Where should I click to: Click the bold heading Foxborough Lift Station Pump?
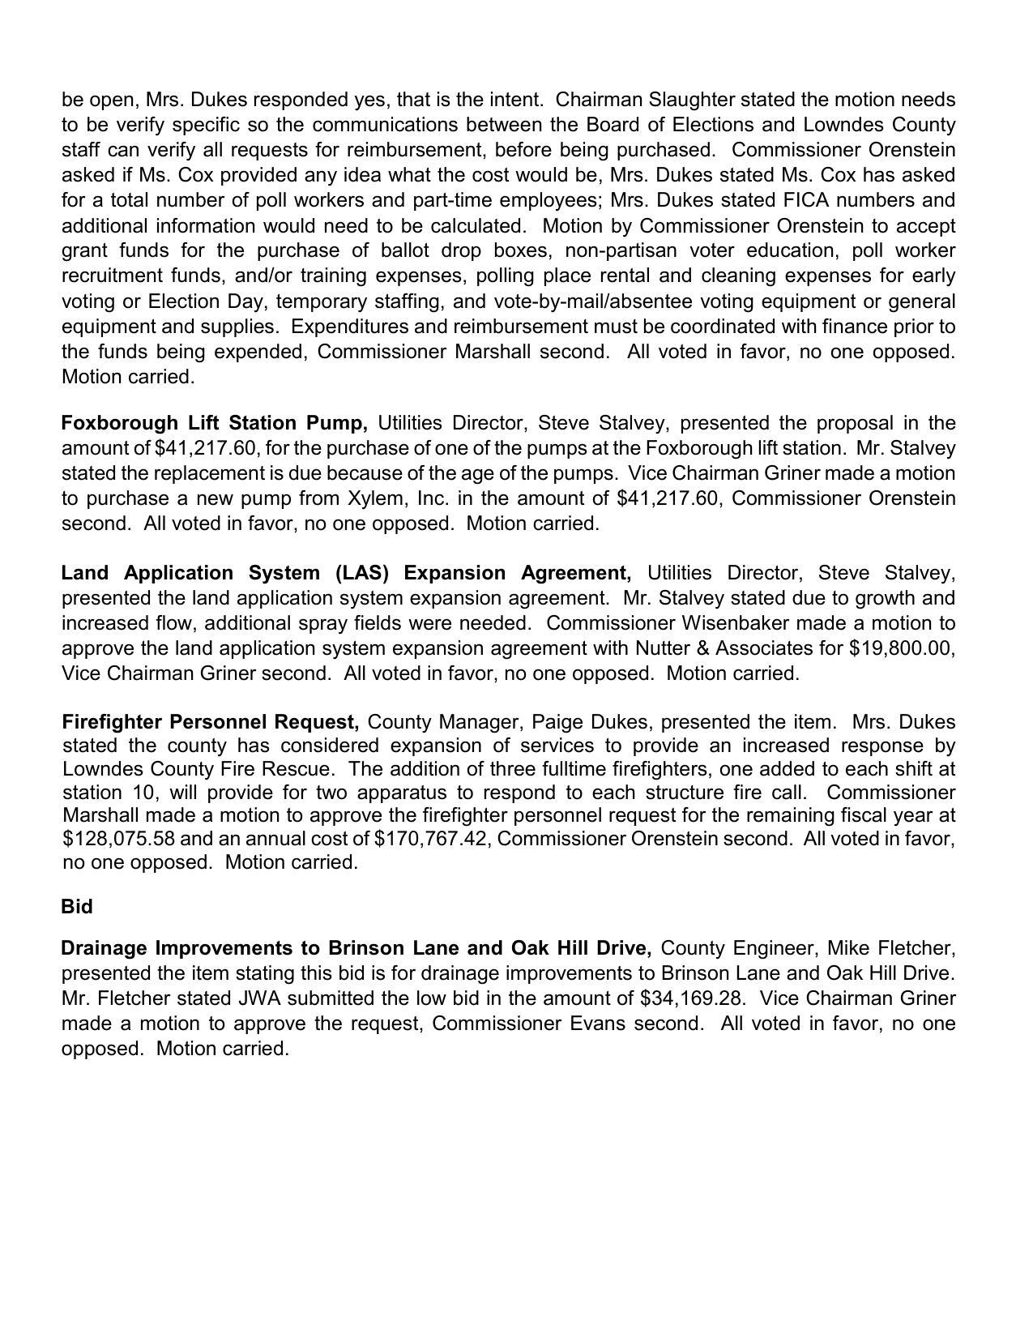(214, 423)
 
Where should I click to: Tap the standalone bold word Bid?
(77, 907)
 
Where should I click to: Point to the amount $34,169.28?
(691, 998)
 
